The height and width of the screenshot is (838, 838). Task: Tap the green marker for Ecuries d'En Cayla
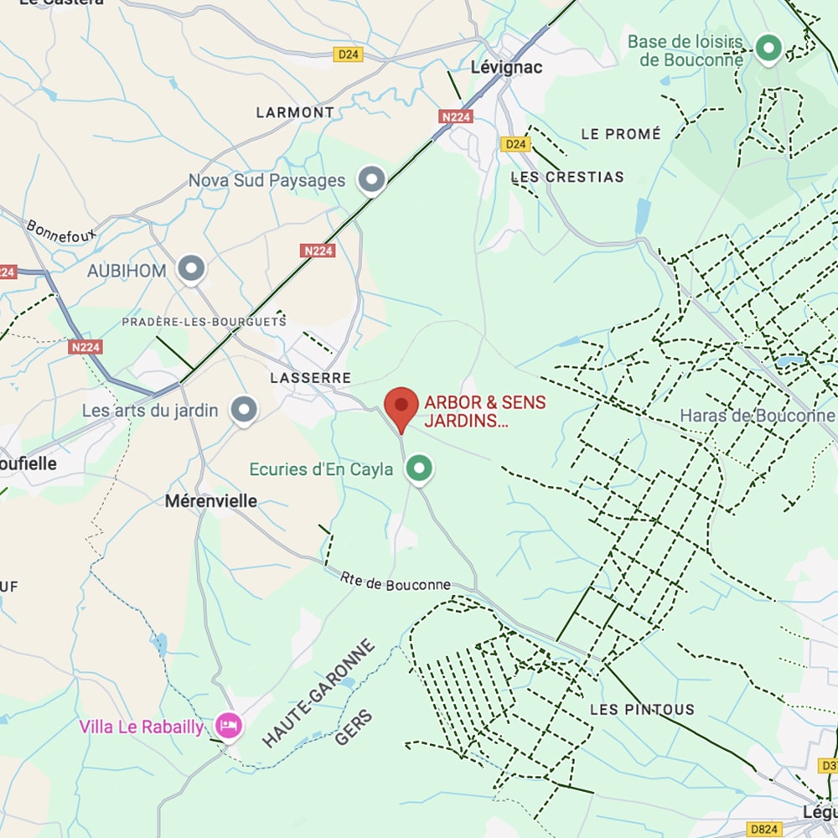point(420,468)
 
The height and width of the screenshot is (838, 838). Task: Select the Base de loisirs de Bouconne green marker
point(768,48)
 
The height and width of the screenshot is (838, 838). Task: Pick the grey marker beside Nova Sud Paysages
point(371,179)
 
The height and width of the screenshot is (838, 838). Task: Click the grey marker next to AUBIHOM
point(193,270)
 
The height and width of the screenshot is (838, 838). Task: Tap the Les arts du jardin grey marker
point(244,410)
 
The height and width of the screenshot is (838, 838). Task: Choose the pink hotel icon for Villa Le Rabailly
point(227,726)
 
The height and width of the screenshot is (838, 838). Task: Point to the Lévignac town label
point(507,67)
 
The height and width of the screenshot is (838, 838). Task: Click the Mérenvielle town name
point(210,501)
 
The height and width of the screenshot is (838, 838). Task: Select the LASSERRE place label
point(310,379)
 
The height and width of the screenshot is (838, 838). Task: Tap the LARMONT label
point(295,112)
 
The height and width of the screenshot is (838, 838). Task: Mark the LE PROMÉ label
point(621,134)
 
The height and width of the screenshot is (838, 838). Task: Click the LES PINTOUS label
point(642,710)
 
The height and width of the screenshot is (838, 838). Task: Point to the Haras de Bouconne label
point(757,416)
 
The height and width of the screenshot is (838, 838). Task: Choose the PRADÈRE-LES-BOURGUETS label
point(204,321)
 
